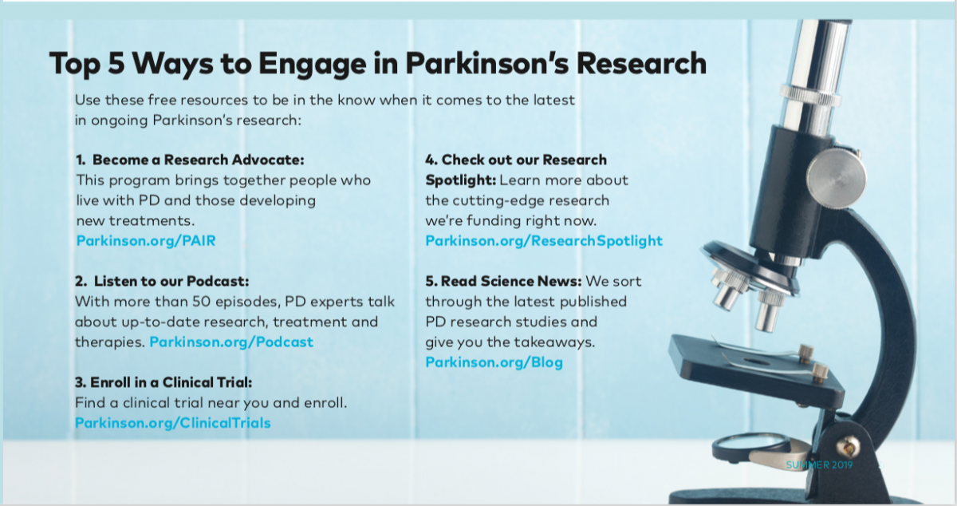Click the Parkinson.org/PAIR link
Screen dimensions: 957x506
[146, 241]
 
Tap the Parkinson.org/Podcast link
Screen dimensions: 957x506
[231, 342]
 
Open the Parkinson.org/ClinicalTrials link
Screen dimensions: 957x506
[172, 423]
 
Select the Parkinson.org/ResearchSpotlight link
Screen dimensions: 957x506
[544, 241]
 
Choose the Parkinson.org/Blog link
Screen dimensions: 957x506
[494, 362]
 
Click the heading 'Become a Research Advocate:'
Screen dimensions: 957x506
[199, 160]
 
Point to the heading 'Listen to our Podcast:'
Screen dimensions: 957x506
[171, 282]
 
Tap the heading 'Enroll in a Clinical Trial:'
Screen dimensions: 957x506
[171, 382]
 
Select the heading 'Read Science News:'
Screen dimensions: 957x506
[511, 282]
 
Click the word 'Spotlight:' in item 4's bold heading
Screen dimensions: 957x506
[461, 180]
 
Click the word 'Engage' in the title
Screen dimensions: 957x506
[313, 64]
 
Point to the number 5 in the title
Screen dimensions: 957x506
[116, 63]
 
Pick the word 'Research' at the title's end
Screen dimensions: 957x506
[641, 63]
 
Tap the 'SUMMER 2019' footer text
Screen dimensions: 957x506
[819, 465]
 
